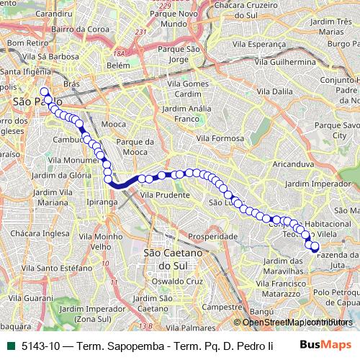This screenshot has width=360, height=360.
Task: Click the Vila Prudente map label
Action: [x=165, y=194]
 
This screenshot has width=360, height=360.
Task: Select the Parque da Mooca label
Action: [x=136, y=146]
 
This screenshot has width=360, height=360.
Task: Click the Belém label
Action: [x=117, y=65]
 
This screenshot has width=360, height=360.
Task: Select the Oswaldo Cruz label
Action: [x=181, y=281]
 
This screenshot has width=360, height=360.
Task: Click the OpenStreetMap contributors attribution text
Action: [x=297, y=322]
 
